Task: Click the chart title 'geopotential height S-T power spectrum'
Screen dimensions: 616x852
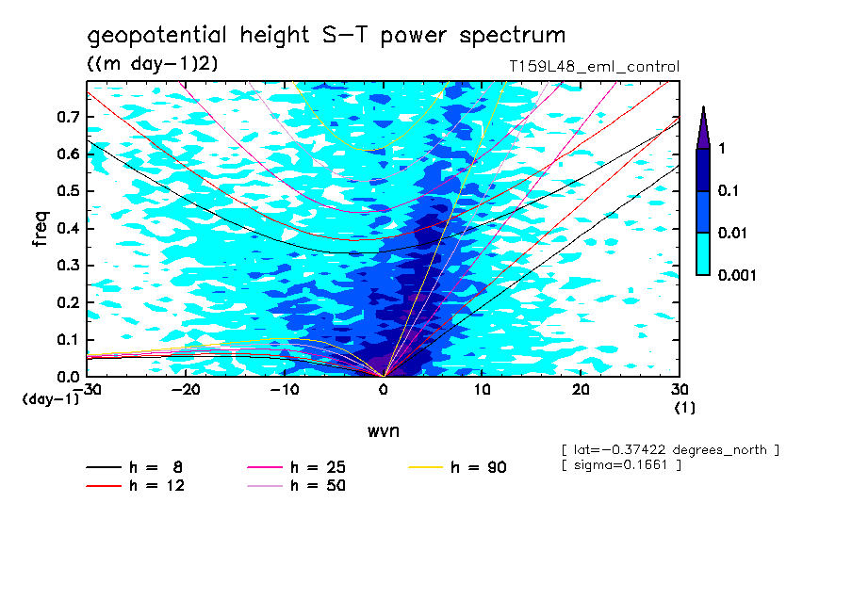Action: (x=326, y=37)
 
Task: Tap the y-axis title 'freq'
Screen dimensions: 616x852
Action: (x=41, y=229)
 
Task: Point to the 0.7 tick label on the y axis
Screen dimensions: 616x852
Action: (x=67, y=117)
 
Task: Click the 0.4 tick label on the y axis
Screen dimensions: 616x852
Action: (x=67, y=229)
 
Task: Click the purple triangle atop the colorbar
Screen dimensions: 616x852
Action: (x=703, y=127)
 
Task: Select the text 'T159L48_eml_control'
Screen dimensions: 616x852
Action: (x=593, y=67)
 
